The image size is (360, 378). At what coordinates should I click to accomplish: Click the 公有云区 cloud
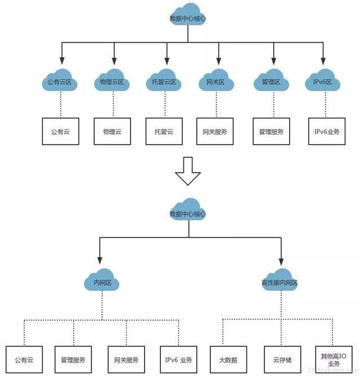point(60,80)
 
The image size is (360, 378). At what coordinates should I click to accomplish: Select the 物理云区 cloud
point(111,80)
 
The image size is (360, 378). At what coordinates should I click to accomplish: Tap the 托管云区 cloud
point(164,80)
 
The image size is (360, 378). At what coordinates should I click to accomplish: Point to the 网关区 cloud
point(216,80)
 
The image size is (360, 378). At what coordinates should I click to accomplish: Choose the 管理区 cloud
point(271,80)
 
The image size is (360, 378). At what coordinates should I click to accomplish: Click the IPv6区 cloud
point(323,80)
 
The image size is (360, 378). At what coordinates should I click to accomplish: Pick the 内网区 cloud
point(101,280)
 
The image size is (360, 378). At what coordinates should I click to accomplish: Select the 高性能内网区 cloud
point(280,280)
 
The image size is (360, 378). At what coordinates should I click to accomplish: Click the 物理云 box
point(112,132)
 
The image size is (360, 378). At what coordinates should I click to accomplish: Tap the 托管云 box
point(164,132)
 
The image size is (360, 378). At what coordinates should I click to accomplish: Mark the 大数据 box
point(228,359)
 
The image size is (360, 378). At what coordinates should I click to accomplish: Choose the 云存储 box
point(282,359)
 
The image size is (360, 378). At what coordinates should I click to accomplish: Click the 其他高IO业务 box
point(334,359)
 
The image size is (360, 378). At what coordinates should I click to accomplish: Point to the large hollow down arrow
point(188,171)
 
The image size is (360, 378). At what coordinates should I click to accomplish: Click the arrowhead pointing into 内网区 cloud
point(100,260)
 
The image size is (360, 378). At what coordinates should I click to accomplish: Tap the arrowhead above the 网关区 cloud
point(219,61)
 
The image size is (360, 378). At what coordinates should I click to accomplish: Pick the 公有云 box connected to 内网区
point(24,359)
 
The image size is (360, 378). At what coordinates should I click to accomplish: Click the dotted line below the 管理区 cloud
point(273,105)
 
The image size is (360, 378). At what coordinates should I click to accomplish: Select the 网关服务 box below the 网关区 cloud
point(215,132)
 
